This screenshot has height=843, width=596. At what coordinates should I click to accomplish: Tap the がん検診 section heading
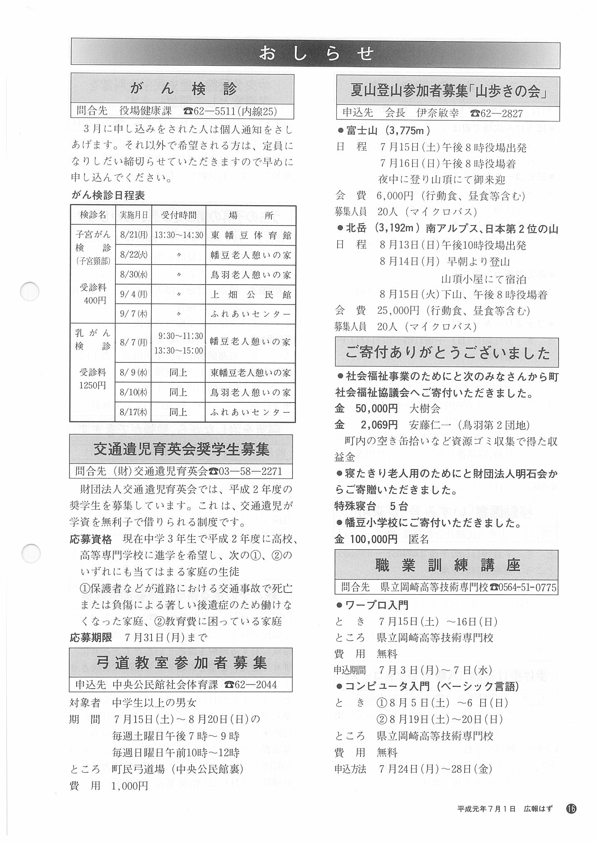183,89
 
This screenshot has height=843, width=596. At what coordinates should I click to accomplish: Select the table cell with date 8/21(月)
133,235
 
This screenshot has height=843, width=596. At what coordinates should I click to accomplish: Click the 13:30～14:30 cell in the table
179,235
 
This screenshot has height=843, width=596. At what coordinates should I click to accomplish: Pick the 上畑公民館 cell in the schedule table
251,295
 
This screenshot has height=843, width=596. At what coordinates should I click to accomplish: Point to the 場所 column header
251,215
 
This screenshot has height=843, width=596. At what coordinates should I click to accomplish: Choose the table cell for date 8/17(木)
133,412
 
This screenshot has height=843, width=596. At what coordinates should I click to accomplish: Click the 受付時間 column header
179,215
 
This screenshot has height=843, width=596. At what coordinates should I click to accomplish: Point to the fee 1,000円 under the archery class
129,786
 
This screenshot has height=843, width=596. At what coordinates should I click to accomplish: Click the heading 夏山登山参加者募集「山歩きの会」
447,91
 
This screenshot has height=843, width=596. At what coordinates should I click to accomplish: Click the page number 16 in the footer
571,808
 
